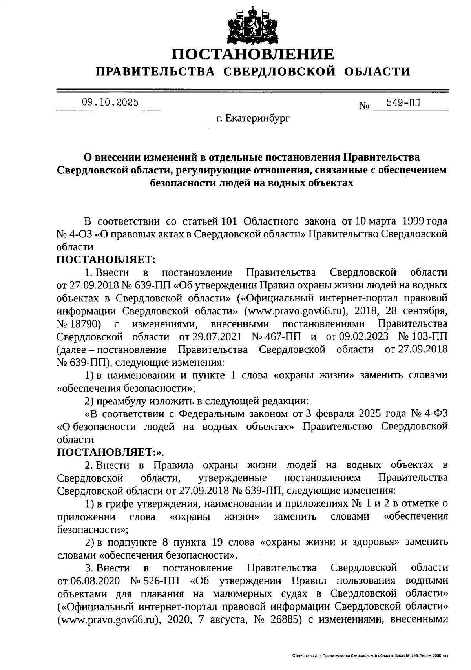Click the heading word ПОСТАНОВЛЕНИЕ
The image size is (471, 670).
(254, 54)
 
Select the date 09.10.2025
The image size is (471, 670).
(110, 102)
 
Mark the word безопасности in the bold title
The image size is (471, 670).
(181, 183)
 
